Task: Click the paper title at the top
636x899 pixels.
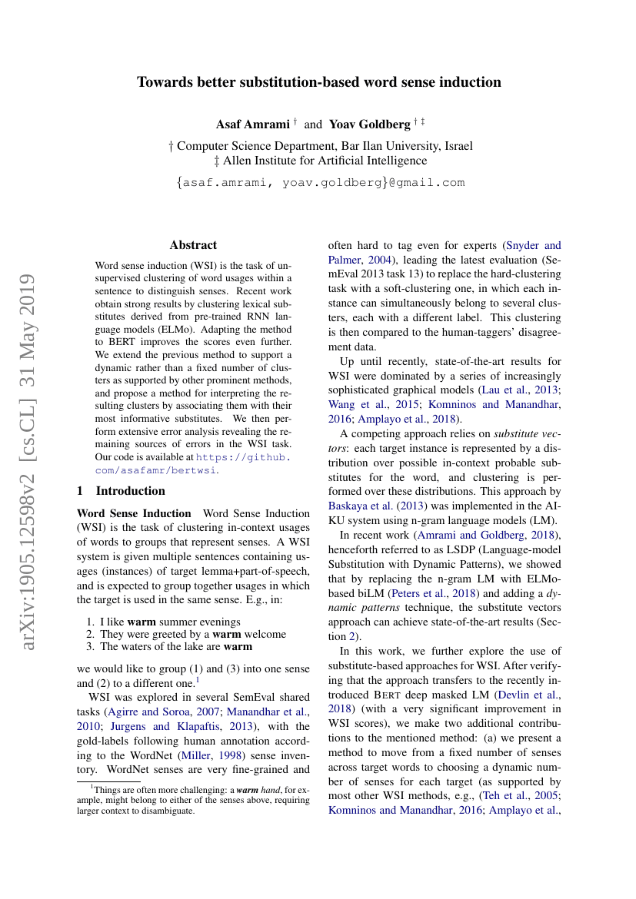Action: [x=318, y=82]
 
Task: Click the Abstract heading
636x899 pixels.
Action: [x=193, y=245]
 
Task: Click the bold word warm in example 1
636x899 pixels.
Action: [x=142, y=621]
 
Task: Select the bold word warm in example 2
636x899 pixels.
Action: [x=228, y=634]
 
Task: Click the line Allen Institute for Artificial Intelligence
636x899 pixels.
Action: [x=320, y=161]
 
